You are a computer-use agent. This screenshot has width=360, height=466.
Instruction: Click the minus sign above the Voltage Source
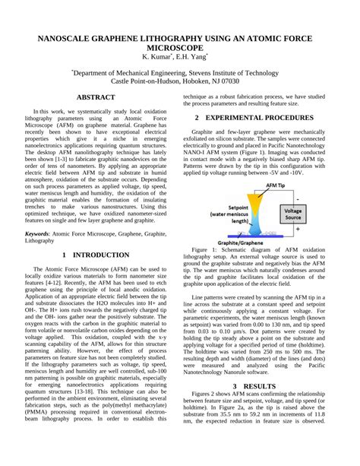pos(297,198)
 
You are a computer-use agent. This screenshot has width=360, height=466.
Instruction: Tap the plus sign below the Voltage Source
pos(297,227)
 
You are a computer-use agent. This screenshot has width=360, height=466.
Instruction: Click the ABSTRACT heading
pos(96,98)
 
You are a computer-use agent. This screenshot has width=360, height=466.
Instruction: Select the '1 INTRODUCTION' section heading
pos(96,255)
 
